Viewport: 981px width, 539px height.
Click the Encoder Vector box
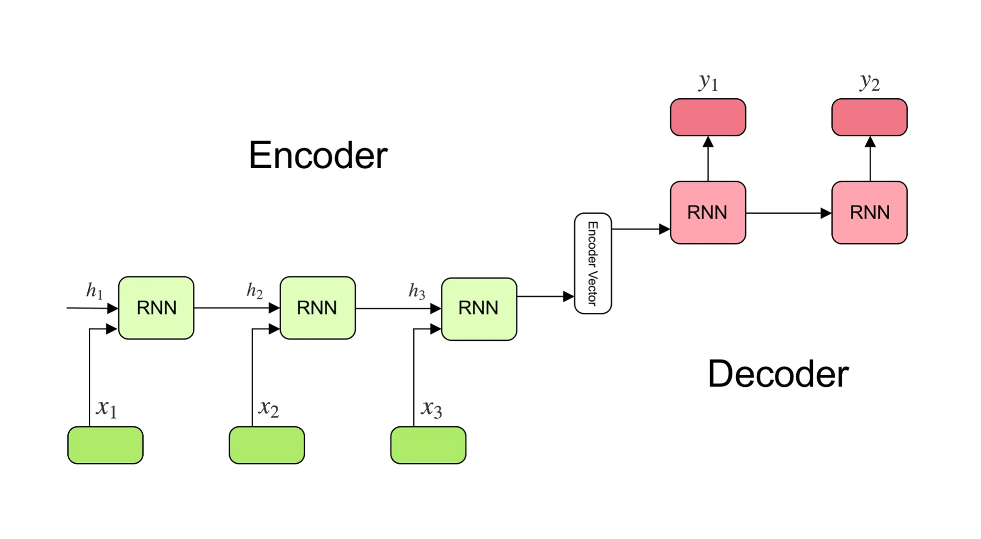(593, 263)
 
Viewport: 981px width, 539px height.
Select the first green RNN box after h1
(156, 308)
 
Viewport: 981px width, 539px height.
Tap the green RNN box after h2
(317, 308)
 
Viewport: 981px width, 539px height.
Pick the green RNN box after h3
(479, 309)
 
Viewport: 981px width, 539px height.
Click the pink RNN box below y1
(708, 213)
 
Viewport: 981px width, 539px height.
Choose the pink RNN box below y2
(869, 213)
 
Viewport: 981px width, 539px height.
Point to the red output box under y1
(708, 117)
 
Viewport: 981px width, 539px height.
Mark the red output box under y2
(869, 117)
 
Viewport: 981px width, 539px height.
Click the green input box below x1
(105, 445)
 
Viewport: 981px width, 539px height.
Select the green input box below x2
(267, 445)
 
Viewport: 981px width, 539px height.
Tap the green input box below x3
(428, 445)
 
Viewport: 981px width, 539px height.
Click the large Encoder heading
(318, 155)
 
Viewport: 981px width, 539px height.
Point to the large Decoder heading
(778, 374)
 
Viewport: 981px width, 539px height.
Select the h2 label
(255, 291)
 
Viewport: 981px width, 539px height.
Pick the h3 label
(417, 291)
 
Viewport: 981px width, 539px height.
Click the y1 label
(708, 82)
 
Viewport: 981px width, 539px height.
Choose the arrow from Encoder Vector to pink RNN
(640, 229)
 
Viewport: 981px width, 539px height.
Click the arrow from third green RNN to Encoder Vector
(545, 296)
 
